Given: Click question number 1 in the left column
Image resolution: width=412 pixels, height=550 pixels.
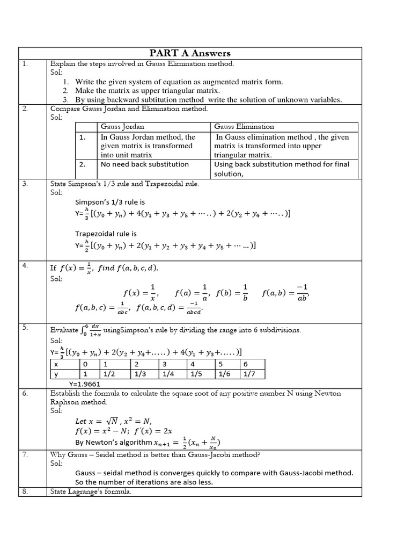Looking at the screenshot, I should (25, 64).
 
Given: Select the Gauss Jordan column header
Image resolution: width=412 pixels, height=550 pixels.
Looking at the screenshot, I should (119, 127).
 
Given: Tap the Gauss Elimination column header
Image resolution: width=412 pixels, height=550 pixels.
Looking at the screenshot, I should (244, 127).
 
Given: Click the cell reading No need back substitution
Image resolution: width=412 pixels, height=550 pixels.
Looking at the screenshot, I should (145, 164).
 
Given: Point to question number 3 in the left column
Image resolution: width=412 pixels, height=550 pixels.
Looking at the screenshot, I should (25, 184).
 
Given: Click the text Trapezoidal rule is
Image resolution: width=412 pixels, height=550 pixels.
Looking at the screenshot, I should (106, 234).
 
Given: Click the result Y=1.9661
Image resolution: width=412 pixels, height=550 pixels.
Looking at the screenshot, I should (85, 384).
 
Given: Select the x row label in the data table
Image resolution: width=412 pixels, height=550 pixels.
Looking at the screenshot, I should (56, 364).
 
